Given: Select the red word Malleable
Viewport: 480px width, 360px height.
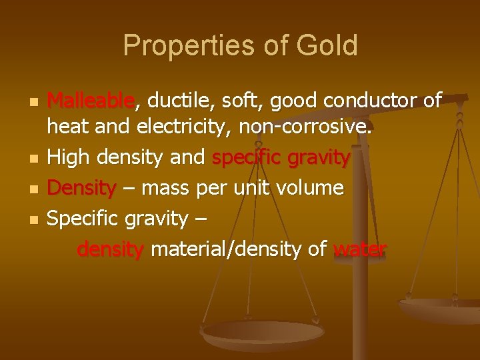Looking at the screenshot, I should tap(91, 101).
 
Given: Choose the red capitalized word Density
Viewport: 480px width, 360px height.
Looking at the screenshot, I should tap(81, 188).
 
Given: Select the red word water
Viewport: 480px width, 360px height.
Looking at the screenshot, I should tap(359, 249).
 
